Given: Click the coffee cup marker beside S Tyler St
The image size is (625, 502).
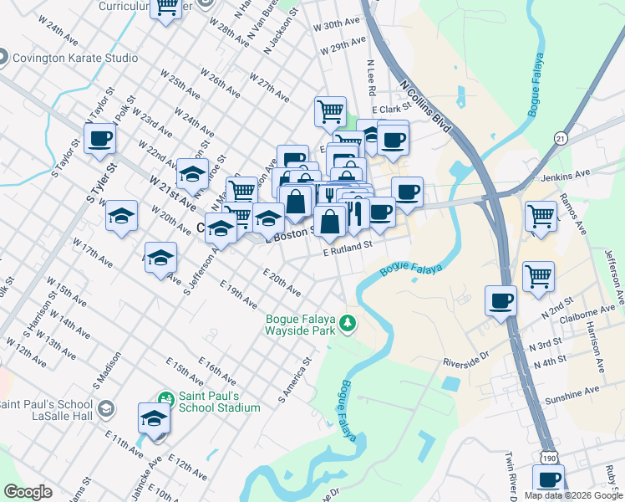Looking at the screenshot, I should pyautogui.click(x=99, y=138).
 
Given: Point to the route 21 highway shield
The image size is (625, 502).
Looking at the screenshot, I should pyautogui.click(x=560, y=137).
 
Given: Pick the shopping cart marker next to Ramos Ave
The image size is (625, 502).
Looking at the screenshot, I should pyautogui.click(x=541, y=215).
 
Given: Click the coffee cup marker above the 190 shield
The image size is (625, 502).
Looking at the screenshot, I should pyautogui.click(x=548, y=480).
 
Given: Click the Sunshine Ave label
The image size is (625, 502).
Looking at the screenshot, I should pyautogui.click(x=569, y=391).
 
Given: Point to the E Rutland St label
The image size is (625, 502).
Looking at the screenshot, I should pyautogui.click(x=347, y=248).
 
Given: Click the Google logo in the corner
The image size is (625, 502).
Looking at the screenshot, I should pyautogui.click(x=28, y=491).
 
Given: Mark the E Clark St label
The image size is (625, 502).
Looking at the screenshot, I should pyautogui.click(x=392, y=109).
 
